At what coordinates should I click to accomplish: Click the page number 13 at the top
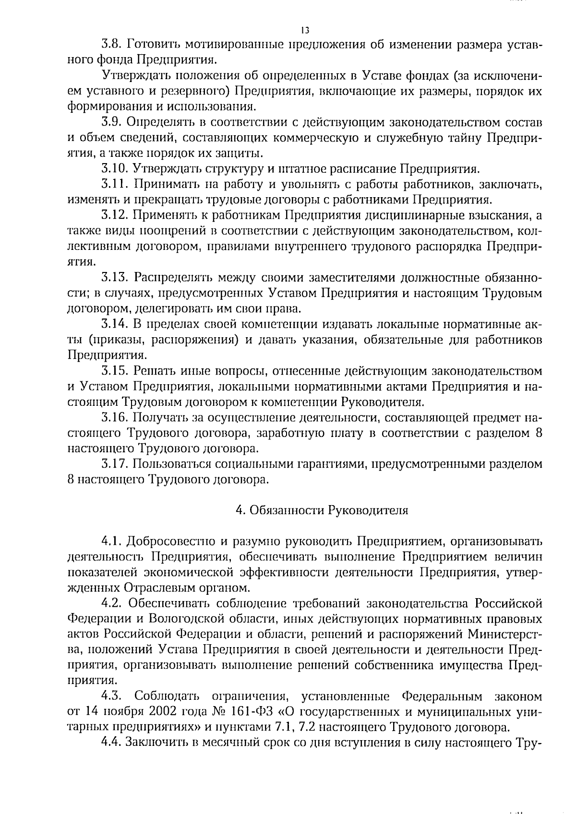point(305,30)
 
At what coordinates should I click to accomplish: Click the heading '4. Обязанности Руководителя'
point(322,510)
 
